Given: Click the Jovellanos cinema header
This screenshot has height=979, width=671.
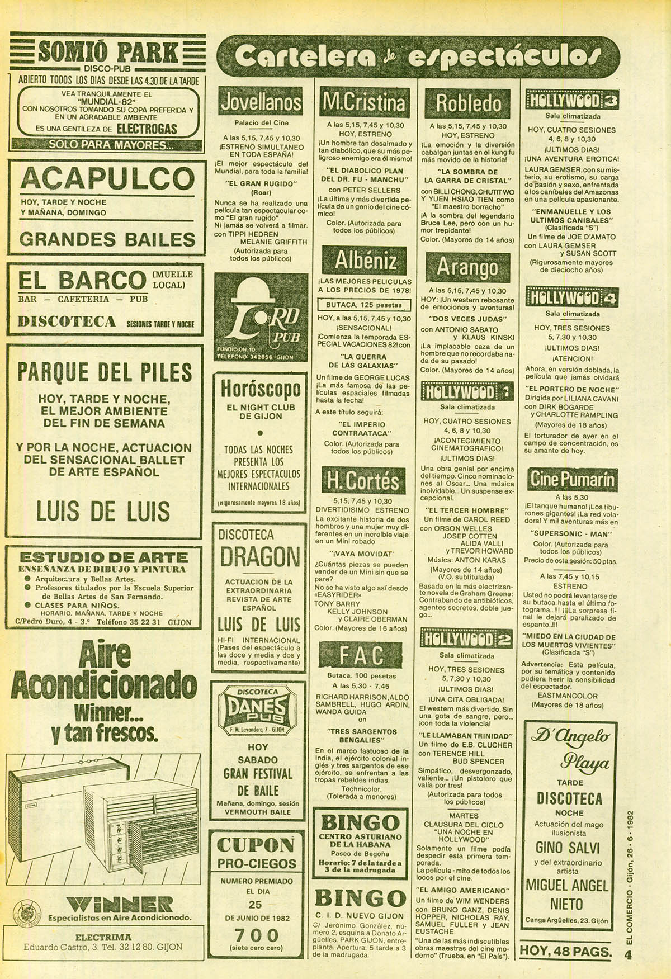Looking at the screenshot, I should pos(260,102).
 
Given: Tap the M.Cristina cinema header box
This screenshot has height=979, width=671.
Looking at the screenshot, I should pos(363,102).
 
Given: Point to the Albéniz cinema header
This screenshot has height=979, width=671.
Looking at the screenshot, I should pos(366,261).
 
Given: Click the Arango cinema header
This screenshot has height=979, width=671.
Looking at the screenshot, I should pos(468,267).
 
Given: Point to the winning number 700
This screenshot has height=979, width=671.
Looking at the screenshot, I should pos(257,935).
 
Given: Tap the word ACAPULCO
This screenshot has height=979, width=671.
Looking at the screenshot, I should pos(107,179).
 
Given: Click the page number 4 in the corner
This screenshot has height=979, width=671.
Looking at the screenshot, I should pos(628,956).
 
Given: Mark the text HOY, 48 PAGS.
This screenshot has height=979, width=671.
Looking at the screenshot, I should pos(566,951).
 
